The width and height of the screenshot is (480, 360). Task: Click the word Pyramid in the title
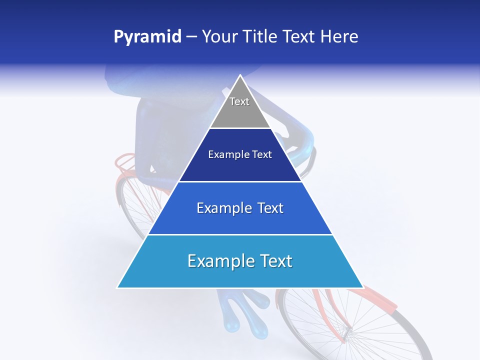(x=147, y=37)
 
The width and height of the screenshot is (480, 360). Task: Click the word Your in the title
(x=219, y=37)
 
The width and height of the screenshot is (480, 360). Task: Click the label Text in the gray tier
(x=239, y=101)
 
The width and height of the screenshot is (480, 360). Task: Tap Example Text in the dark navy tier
(x=240, y=155)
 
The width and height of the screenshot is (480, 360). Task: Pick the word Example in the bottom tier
(x=218, y=261)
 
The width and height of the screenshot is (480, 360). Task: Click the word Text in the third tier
(x=267, y=208)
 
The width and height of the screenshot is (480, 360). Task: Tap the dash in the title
(x=191, y=37)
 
